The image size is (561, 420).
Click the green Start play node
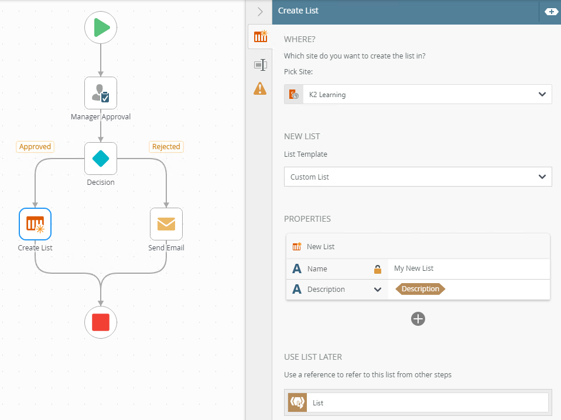click(101, 27)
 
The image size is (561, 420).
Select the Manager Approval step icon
click(101, 93)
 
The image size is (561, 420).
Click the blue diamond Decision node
click(101, 159)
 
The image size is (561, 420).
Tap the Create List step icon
click(35, 224)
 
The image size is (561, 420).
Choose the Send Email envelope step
click(166, 224)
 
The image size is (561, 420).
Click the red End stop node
click(101, 322)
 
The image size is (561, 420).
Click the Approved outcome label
click(35, 147)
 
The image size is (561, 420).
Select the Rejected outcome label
click(166, 147)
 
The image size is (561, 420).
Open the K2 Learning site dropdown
click(418, 94)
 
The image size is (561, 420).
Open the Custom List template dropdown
click(418, 177)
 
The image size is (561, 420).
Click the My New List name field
click(468, 268)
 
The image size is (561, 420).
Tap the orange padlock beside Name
click(378, 269)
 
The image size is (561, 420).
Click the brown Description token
click(420, 289)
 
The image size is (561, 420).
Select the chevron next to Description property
click(378, 289)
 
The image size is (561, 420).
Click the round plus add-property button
click(418, 319)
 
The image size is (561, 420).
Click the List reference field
click(427, 403)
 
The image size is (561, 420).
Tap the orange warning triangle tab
click(260, 88)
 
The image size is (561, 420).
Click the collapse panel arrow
click(260, 12)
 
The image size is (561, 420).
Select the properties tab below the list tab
click(261, 65)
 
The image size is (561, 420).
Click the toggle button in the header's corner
click(551, 12)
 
